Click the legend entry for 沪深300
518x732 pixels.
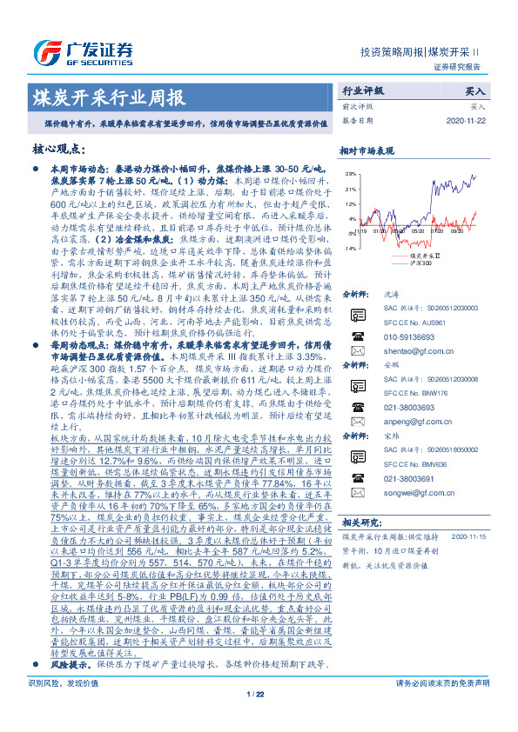tap(424, 263)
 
